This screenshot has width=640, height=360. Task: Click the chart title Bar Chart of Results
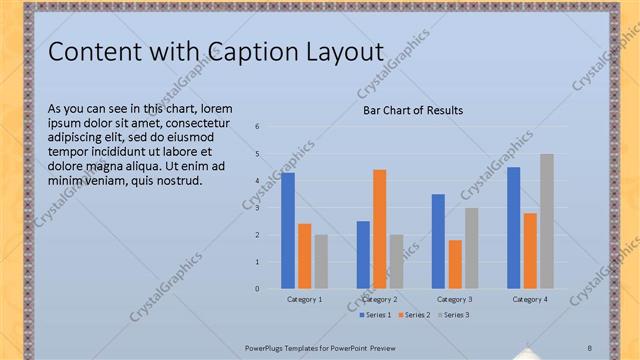click(x=413, y=110)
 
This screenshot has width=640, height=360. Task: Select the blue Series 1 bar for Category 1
click(x=288, y=231)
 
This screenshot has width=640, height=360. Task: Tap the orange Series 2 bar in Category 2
click(x=380, y=229)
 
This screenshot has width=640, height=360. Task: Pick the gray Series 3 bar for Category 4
click(x=546, y=221)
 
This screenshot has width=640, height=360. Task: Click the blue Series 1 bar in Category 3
click(x=438, y=241)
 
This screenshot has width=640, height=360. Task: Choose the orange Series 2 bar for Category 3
click(x=455, y=264)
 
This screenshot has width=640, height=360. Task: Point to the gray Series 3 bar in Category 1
click(x=321, y=261)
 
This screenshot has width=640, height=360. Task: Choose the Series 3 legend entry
click(x=456, y=315)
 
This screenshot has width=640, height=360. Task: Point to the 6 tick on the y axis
click(x=258, y=127)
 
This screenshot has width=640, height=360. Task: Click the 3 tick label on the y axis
click(x=258, y=208)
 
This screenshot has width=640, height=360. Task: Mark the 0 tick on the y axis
click(x=258, y=289)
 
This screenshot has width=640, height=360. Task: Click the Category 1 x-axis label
click(x=305, y=299)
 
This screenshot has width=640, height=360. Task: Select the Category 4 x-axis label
click(x=530, y=299)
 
